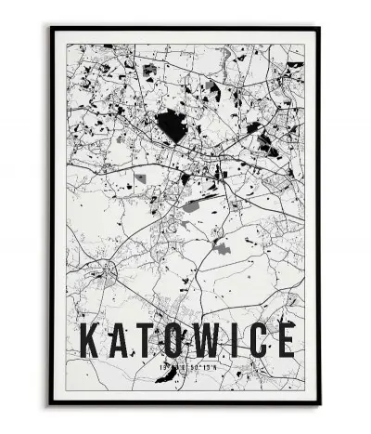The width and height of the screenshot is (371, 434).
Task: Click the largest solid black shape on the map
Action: click(169, 124)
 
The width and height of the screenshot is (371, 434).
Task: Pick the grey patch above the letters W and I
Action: click(221, 248)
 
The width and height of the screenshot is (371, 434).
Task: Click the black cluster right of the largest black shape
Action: click(267, 144)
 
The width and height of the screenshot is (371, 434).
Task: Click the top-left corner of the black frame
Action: click(52, 28)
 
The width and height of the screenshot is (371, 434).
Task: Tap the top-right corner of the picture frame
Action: click(319, 28)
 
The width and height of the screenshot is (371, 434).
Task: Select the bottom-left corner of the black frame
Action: click(52, 403)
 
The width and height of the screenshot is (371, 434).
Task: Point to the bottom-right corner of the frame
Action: click(319, 403)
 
